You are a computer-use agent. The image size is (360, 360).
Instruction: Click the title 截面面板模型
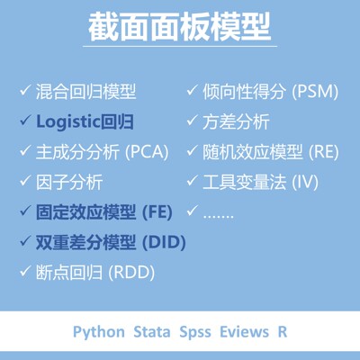pyautogui.click(x=180, y=27)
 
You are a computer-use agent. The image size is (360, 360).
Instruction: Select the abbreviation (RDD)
pyautogui.click(x=130, y=273)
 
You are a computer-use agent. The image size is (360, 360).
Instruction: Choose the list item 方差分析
pyautogui.click(x=237, y=121)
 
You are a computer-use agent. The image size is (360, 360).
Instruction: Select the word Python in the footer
pyautogui.click(x=99, y=331)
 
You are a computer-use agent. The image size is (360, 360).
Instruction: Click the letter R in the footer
pyautogui.click(x=283, y=331)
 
